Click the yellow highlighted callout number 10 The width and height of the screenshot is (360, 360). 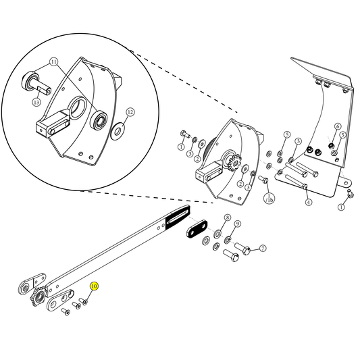point(95,286)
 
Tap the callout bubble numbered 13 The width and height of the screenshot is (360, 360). point(36,102)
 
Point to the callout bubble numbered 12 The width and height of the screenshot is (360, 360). point(130,112)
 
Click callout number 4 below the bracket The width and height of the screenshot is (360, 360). point(308,201)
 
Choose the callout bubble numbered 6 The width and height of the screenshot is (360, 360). point(338,126)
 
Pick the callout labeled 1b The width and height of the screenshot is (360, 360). point(269,199)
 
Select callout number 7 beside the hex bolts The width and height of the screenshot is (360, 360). point(263,248)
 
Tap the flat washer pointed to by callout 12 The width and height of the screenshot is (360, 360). point(118,128)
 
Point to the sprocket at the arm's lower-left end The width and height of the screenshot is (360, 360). point(37,297)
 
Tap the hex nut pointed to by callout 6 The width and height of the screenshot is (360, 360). point(332,144)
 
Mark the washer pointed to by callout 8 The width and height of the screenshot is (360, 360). point(217,234)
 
